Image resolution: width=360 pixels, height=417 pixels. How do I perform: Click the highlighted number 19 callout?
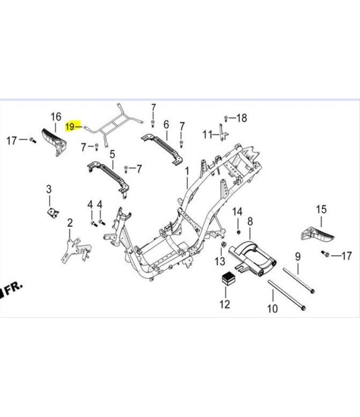[70, 126]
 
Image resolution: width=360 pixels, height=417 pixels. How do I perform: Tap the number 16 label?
[56, 117]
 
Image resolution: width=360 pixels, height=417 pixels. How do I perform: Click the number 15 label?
[321, 209]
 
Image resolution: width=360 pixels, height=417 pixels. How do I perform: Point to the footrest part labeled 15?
[318, 234]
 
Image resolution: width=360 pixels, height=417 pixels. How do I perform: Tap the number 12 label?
[225, 304]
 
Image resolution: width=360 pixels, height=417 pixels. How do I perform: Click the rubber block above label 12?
[228, 279]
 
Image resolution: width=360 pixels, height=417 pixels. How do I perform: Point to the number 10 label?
[272, 308]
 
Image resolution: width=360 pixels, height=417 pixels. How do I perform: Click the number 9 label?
[297, 257]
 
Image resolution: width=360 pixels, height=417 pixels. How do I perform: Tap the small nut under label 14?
[239, 232]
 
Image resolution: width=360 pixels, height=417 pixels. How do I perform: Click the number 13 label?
[220, 261]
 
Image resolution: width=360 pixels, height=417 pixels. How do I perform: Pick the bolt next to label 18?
[225, 118]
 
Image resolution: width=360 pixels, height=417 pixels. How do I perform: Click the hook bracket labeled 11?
[223, 132]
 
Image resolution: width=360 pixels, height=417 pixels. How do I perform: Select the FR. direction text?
[12, 289]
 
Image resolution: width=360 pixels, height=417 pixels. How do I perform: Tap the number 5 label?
[112, 154]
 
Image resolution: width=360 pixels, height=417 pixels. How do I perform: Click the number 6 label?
[166, 124]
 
